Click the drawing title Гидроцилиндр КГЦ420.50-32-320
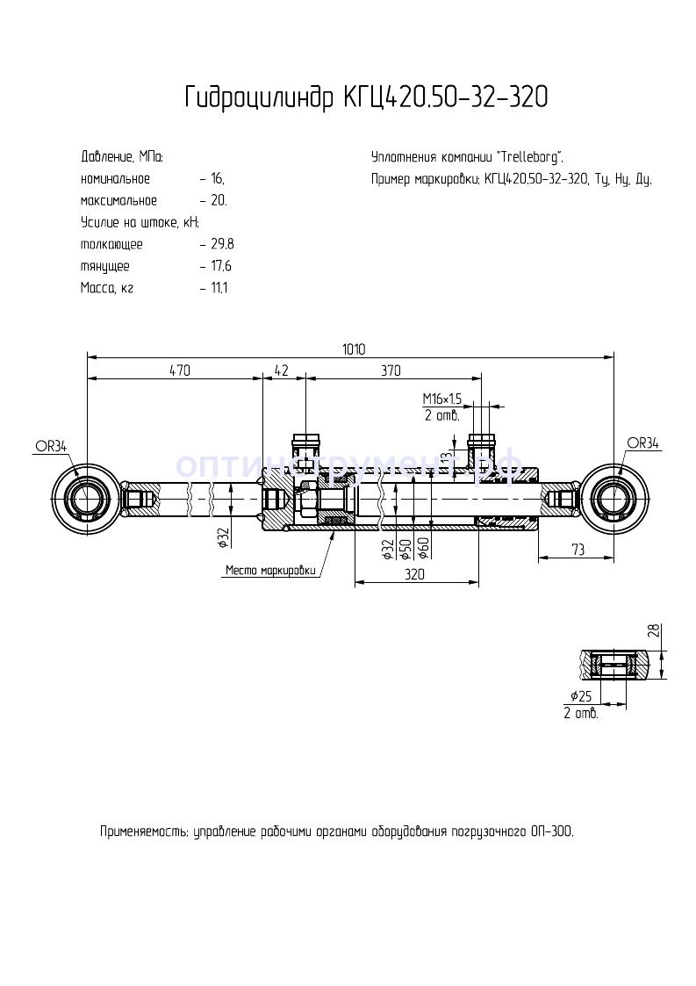point(366,97)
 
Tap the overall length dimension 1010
point(353,349)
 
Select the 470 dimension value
point(179,371)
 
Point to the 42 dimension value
point(282,371)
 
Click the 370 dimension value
point(391,371)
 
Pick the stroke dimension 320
point(415,575)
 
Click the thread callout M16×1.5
point(442,399)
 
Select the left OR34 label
point(51,446)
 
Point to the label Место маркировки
point(270,570)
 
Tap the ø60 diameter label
point(423,547)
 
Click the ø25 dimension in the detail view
point(580,696)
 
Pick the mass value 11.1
point(219,287)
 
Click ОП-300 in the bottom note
point(551,831)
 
